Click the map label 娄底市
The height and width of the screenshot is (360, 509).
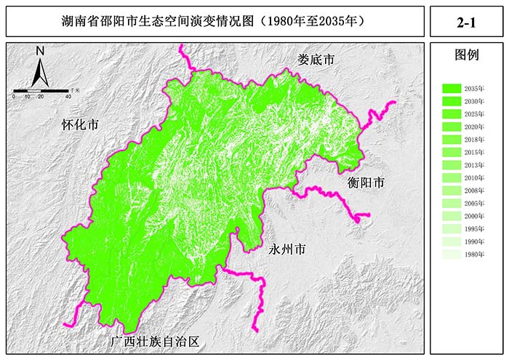316,60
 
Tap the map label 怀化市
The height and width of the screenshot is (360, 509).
80,124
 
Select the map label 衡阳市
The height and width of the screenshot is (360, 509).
365,183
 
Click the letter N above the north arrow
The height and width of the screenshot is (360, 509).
40,52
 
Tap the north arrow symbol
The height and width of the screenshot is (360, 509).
41,73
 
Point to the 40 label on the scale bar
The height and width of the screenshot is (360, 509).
68,97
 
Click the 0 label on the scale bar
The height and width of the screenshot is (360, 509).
14,97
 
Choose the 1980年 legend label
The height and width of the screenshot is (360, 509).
474,255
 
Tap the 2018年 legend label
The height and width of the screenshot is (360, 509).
474,139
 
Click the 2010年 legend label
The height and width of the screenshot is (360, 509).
474,177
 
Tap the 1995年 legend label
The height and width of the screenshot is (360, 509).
474,229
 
